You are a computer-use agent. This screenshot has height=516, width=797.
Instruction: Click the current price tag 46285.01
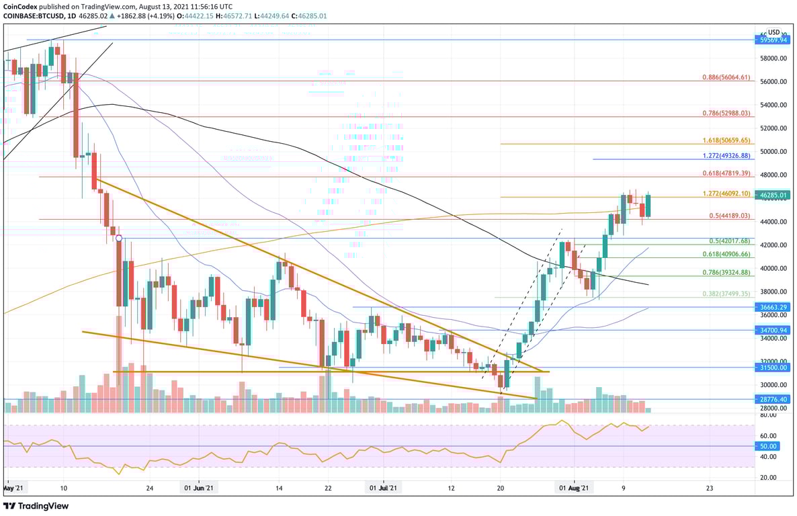773,196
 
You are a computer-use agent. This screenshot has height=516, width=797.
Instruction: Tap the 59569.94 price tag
773,40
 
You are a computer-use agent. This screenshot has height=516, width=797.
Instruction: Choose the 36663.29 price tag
773,307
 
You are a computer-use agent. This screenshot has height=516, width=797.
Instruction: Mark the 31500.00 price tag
773,368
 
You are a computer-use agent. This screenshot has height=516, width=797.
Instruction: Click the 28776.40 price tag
773,399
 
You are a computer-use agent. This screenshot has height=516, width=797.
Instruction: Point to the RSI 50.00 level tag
769,446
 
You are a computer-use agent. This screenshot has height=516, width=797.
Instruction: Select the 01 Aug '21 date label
575,489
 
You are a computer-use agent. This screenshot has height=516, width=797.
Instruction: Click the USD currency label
773,32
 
